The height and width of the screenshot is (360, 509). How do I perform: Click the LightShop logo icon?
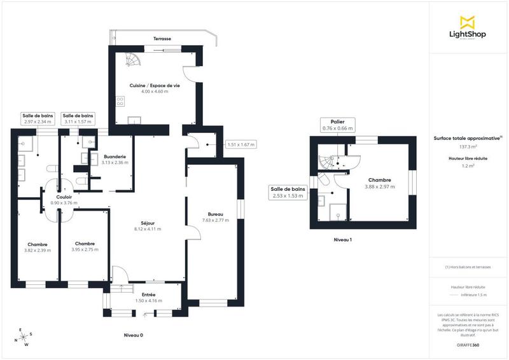point(468,21)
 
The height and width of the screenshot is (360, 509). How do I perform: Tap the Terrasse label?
point(162,39)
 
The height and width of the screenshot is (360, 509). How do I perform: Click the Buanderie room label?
point(115,156)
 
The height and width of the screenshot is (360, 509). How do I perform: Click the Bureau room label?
point(215,214)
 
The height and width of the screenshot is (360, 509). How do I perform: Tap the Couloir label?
point(64,197)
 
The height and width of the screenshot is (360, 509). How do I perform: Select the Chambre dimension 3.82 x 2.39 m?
point(37,250)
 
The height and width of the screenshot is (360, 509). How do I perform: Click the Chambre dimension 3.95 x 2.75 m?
point(85,250)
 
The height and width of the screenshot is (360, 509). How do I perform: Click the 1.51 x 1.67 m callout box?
point(241,144)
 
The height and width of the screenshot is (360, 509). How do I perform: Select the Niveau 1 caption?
point(342,240)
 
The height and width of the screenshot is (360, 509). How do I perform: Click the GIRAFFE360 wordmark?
point(468,343)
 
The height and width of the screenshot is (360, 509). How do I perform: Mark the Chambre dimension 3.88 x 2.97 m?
point(379,187)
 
